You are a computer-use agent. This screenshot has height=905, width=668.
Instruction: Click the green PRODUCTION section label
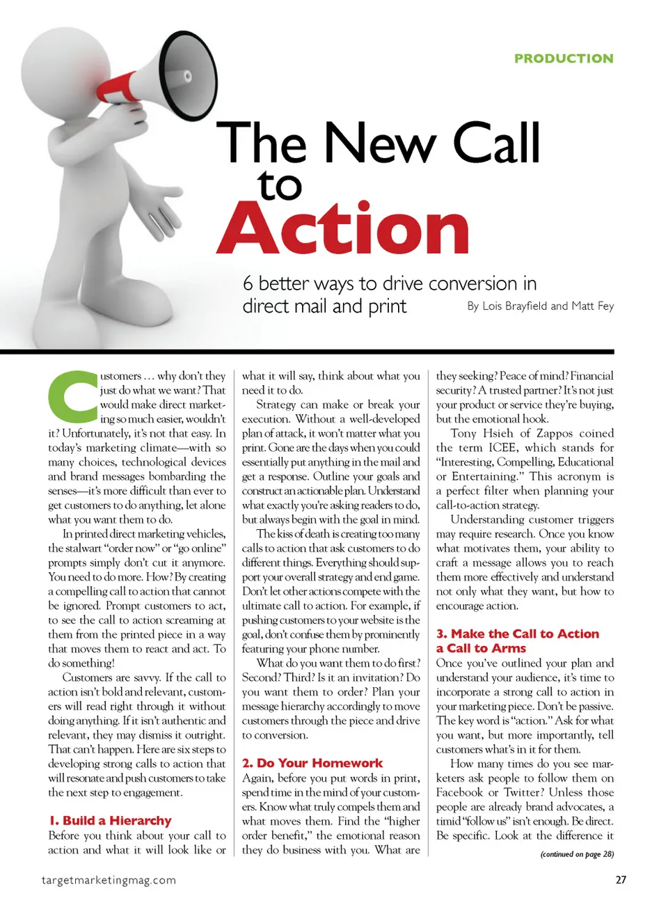click(564, 58)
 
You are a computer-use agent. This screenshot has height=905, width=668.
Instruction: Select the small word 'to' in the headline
click(280, 185)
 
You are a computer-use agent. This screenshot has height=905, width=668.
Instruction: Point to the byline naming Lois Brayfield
click(540, 306)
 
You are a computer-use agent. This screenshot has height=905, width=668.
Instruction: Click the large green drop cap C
click(72, 394)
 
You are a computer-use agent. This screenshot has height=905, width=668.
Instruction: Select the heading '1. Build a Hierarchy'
click(110, 821)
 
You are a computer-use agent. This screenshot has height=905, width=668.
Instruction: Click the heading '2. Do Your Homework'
click(312, 763)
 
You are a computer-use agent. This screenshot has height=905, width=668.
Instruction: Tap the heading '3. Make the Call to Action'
click(518, 633)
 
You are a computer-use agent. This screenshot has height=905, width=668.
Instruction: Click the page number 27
click(621, 880)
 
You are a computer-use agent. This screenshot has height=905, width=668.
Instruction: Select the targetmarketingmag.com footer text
click(109, 880)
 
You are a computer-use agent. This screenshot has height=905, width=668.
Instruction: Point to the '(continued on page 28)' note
click(577, 854)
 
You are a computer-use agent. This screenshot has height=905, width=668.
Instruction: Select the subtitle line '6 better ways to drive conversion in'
click(390, 283)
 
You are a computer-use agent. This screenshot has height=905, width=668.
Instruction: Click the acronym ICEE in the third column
click(502, 448)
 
